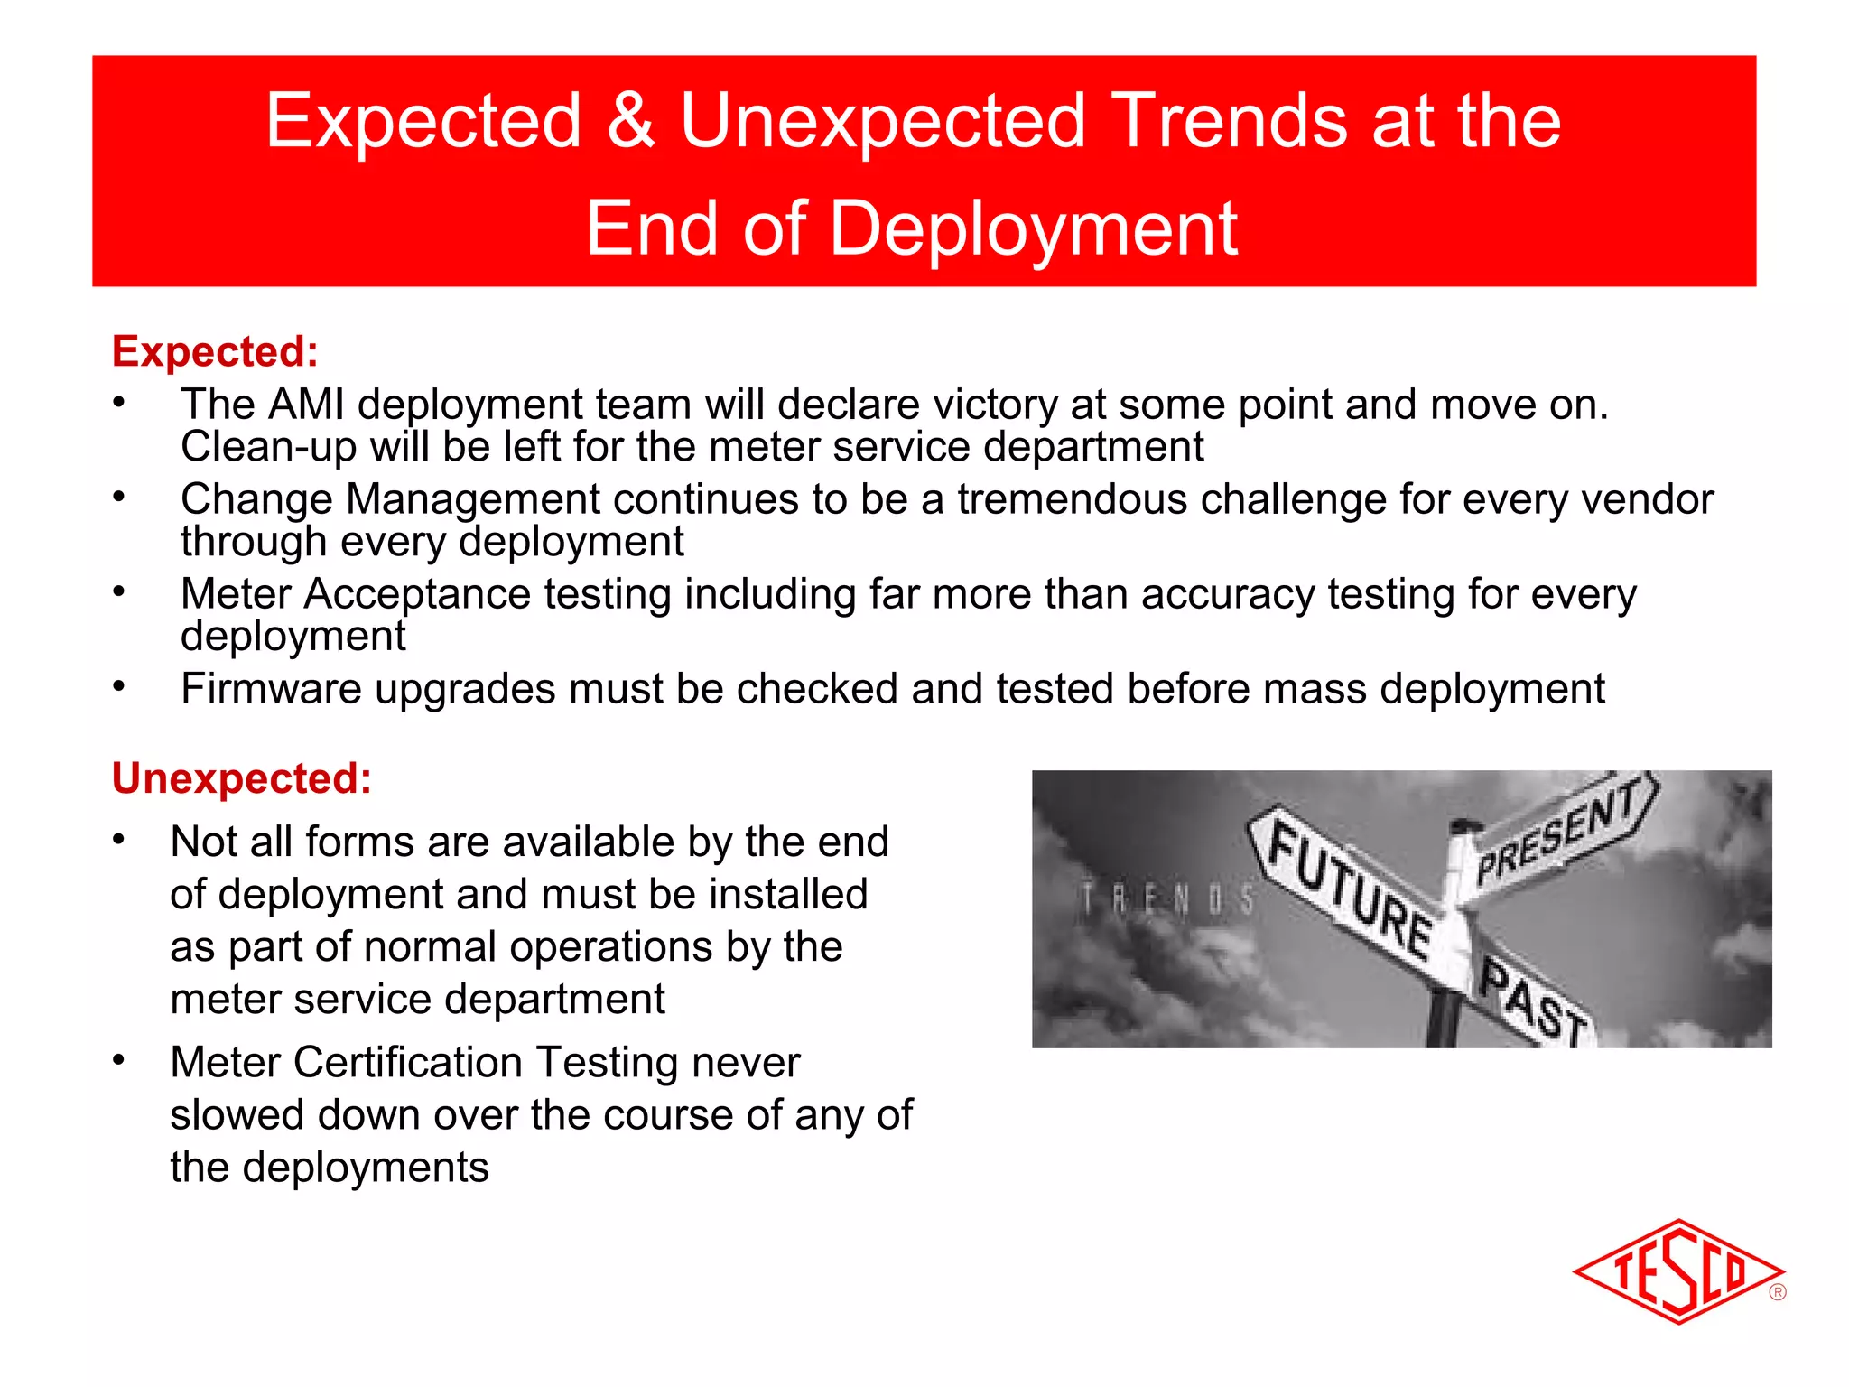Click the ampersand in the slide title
(x=630, y=121)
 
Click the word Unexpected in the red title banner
(x=882, y=121)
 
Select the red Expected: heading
(x=215, y=351)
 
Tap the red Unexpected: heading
(x=242, y=778)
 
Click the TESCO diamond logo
(x=1677, y=1271)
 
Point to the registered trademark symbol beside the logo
(x=1778, y=1292)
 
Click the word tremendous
(x=1071, y=499)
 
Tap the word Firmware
(x=271, y=689)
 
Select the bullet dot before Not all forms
(x=118, y=840)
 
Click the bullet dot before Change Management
(x=118, y=497)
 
